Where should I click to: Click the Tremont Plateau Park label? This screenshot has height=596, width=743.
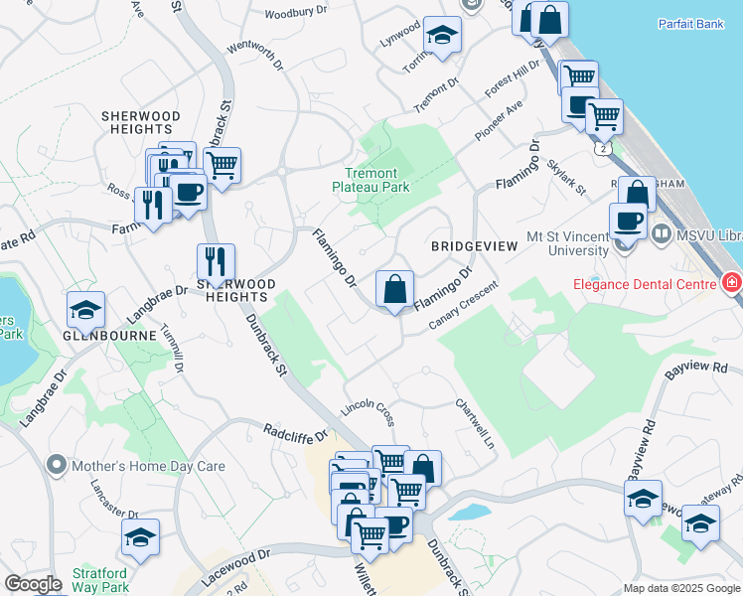coord(371,179)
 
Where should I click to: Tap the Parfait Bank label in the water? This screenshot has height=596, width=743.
coord(691,24)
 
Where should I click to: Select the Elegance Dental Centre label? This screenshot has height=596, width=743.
coord(643,285)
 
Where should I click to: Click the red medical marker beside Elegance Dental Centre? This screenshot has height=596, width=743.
coord(732,284)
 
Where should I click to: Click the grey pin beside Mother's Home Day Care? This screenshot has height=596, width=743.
coord(57,465)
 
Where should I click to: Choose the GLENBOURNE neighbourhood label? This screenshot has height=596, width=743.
coord(108,336)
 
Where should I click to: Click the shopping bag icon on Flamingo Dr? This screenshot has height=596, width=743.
coord(395,290)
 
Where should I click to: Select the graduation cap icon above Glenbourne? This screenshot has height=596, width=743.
coord(86,311)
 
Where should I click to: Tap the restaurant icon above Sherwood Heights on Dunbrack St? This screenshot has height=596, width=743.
coord(216,262)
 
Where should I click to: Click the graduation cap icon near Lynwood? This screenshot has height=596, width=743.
coord(440,37)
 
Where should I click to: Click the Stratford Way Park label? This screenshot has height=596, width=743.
coord(99,580)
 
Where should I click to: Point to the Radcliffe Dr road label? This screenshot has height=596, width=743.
coord(295,433)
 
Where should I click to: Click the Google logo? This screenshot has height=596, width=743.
coord(33,584)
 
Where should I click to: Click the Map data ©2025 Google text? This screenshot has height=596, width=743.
coord(680,588)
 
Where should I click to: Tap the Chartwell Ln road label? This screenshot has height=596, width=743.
coord(476,421)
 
